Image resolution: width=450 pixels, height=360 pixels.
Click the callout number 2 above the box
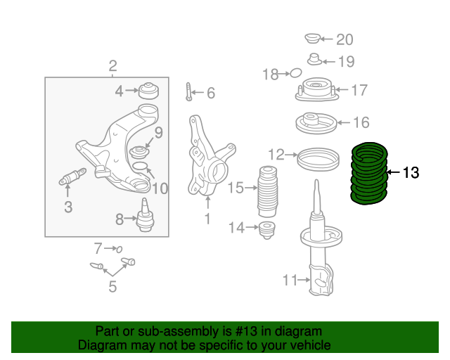[112, 67]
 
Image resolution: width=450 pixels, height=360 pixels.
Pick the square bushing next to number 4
[148, 91]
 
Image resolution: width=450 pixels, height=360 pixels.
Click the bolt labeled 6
[189, 92]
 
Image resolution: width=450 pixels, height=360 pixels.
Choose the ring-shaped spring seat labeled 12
[316, 157]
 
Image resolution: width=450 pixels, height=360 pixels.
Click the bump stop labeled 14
[267, 229]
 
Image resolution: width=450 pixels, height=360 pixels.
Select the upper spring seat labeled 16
[314, 124]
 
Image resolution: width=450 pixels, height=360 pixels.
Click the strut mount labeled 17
[314, 91]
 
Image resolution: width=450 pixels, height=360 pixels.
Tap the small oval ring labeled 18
[296, 72]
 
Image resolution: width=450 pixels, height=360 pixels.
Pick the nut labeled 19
[315, 60]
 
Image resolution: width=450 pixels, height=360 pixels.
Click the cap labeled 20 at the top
[313, 38]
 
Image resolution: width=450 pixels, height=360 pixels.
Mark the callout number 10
[160, 188]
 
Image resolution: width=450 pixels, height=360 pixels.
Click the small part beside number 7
[118, 248]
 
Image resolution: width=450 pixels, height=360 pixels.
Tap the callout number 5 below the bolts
[112, 286]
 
